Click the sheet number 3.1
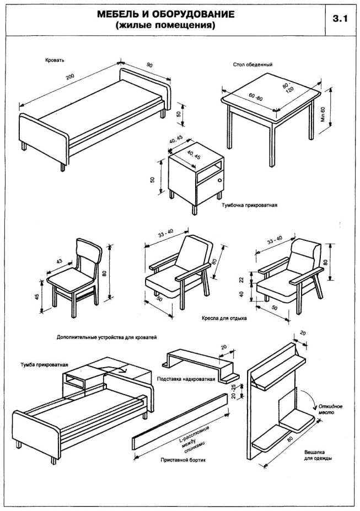(x=340, y=18)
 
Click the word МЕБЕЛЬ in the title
(x=119, y=13)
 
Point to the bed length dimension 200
(x=69, y=77)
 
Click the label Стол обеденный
(x=253, y=64)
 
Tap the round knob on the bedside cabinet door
(x=220, y=181)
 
